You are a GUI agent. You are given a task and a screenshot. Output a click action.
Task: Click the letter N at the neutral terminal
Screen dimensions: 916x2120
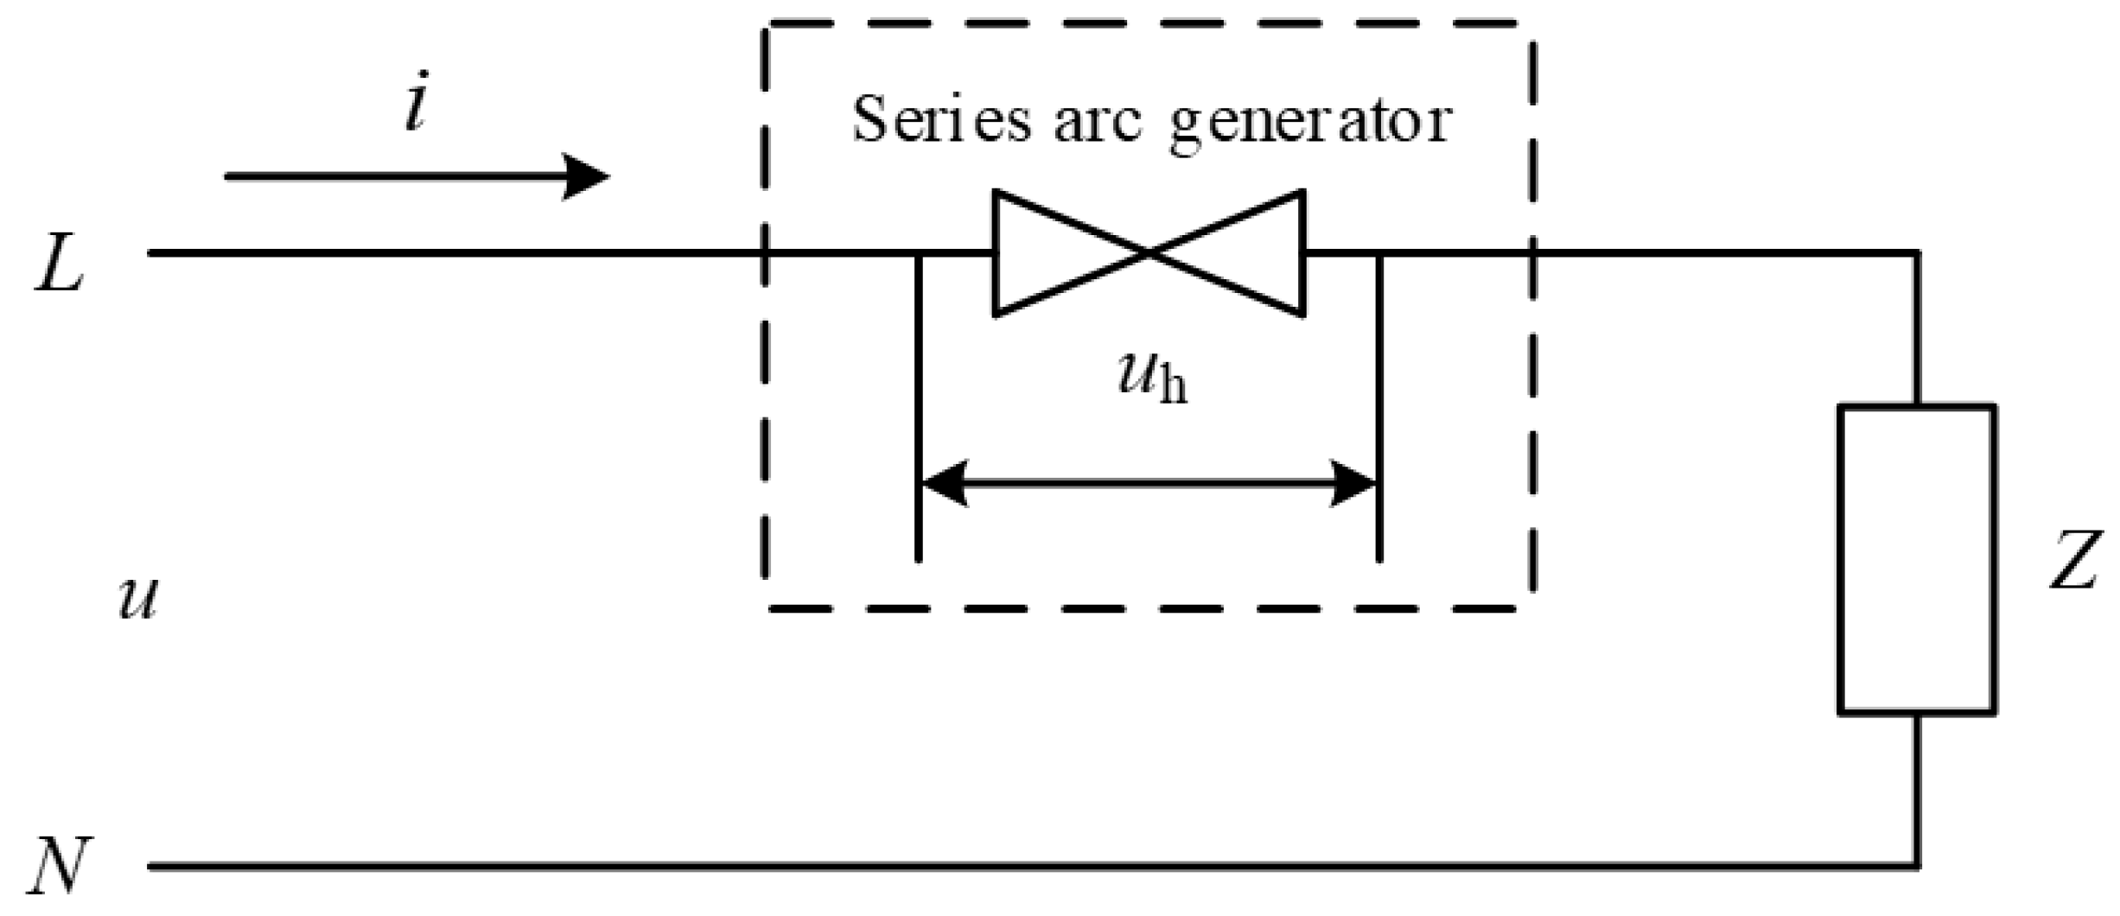59,865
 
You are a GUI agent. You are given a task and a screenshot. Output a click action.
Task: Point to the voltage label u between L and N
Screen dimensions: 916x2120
138,599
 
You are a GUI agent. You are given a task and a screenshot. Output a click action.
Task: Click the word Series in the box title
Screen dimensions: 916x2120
941,120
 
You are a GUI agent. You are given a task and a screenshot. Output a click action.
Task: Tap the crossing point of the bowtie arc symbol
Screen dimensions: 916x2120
1149,252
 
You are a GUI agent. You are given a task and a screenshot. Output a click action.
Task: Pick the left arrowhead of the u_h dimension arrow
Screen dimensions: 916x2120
942,483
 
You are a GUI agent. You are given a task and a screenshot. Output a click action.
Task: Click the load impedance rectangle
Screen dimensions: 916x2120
1916,560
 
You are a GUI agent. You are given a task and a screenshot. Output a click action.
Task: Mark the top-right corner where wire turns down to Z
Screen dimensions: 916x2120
1917,253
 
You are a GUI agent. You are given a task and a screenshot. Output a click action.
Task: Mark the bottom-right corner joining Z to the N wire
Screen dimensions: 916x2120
1917,864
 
